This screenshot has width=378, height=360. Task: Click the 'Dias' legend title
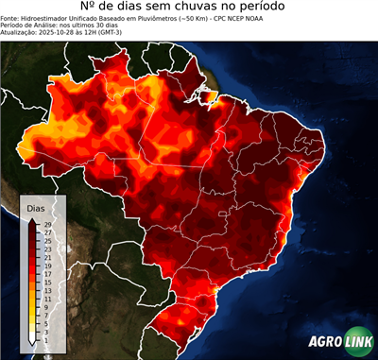35,207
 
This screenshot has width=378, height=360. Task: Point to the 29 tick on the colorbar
48,224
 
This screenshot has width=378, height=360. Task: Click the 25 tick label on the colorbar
48,241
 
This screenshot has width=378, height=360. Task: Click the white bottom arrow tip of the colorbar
32,341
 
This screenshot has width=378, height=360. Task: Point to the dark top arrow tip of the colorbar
32,219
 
